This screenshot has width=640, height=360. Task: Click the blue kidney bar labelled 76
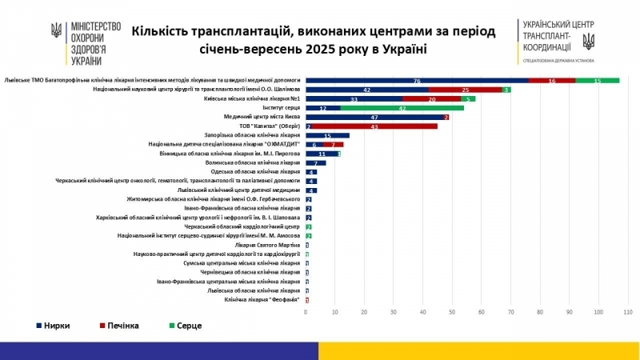click(x=417, y=81)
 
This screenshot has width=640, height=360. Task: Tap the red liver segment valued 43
click(x=374, y=126)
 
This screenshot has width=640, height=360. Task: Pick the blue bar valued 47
click(x=374, y=117)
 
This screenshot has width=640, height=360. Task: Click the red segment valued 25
click(x=466, y=90)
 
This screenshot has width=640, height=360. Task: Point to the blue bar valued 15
click(x=328, y=135)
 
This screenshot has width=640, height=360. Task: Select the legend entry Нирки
click(x=55, y=326)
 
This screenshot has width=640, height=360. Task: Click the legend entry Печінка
click(x=116, y=326)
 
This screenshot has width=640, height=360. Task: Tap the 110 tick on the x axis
click(x=627, y=311)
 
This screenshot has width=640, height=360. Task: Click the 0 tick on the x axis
click(x=306, y=311)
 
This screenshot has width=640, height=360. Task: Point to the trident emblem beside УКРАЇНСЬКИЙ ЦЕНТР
click(x=588, y=38)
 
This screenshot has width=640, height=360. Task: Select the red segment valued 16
click(x=552, y=81)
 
